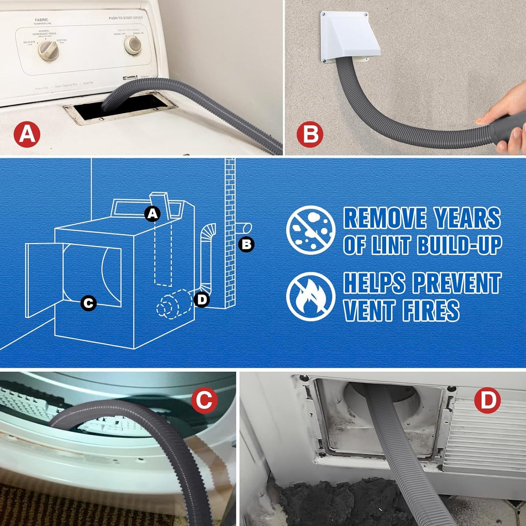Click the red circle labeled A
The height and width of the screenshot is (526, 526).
click(27, 134)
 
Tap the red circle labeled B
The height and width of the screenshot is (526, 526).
click(310, 134)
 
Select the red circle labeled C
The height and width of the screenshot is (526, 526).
click(204, 400)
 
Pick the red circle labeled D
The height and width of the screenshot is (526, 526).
click(487, 400)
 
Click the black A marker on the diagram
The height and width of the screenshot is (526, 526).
click(153, 214)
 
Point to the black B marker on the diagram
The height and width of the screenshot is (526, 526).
click(246, 244)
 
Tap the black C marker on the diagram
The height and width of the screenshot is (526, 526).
click(88, 303)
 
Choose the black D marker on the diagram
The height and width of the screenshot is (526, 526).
click(202, 300)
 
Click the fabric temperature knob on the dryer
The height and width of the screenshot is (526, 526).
click(48, 51)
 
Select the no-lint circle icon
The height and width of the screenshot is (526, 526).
click(311, 230)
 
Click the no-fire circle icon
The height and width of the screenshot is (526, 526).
click(311, 296)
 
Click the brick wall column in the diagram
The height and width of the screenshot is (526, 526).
click(230, 233)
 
